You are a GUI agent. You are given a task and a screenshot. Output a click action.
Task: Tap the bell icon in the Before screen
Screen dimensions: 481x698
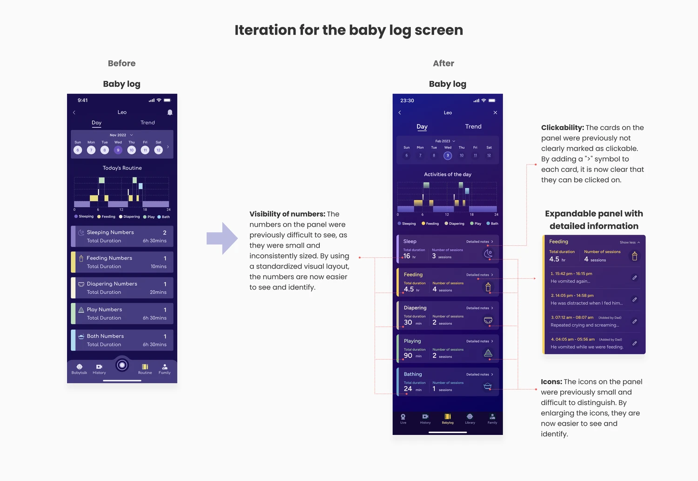click(x=170, y=112)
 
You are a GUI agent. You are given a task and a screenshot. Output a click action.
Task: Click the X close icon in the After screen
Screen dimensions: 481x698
click(x=495, y=112)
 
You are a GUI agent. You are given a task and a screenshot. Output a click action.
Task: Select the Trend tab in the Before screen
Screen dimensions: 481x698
click(x=148, y=123)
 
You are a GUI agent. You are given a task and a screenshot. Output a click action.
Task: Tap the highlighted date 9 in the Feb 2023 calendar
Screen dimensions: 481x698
click(x=448, y=156)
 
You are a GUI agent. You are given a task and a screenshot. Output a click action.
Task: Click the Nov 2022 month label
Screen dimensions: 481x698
click(x=118, y=135)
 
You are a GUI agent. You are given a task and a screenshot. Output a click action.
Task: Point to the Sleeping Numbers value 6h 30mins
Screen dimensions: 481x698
click(x=154, y=241)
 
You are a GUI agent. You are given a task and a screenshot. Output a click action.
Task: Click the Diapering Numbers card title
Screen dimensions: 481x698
click(x=112, y=284)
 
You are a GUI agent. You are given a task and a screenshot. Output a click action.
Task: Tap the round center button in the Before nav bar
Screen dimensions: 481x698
click(x=122, y=365)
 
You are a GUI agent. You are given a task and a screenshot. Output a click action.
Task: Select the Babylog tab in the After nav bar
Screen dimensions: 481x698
click(x=448, y=419)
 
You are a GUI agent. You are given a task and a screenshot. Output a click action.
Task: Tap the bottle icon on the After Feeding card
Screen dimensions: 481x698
click(x=488, y=287)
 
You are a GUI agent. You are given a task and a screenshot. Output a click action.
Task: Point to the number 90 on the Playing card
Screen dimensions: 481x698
click(x=408, y=356)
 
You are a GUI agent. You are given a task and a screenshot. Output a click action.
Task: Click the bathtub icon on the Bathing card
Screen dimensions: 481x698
click(x=488, y=386)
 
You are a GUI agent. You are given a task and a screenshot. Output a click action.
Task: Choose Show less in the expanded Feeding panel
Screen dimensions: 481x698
click(x=630, y=243)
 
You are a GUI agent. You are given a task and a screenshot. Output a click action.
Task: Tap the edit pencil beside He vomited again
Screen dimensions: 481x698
click(x=634, y=277)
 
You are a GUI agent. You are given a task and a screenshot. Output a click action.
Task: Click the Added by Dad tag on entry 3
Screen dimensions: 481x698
click(x=610, y=318)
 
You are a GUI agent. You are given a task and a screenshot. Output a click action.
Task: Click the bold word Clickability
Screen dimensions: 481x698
click(x=562, y=128)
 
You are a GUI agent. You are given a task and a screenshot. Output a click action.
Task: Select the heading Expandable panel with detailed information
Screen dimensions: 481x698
click(x=594, y=220)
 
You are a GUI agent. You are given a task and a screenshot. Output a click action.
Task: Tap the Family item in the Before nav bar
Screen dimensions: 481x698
click(x=165, y=369)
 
